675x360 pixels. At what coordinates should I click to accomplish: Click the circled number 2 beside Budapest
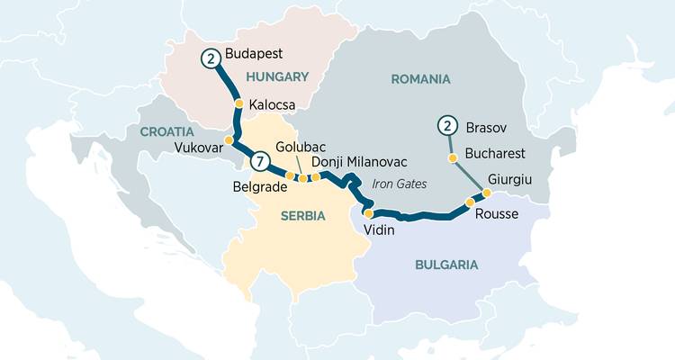coord(211,58)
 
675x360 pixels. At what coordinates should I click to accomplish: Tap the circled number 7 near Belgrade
coord(260,163)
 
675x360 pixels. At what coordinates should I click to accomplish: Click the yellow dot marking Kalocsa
coord(239,104)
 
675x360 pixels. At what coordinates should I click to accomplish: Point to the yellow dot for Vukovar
coord(229,140)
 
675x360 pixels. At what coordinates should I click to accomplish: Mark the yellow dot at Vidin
coord(368,213)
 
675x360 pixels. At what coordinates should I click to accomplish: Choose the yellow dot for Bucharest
coord(453,158)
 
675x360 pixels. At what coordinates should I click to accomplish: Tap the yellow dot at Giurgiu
coord(487,193)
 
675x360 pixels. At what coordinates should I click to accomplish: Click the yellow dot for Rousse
coord(469,203)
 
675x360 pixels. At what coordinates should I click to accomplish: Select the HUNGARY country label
coord(277,77)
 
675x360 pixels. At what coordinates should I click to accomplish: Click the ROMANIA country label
coord(420,79)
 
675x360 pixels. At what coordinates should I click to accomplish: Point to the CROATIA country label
coord(166,131)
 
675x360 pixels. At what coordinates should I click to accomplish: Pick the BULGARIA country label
coord(446,265)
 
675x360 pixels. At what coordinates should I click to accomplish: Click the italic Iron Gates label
coord(399,184)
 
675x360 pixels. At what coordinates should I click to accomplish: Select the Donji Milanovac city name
coord(359,161)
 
